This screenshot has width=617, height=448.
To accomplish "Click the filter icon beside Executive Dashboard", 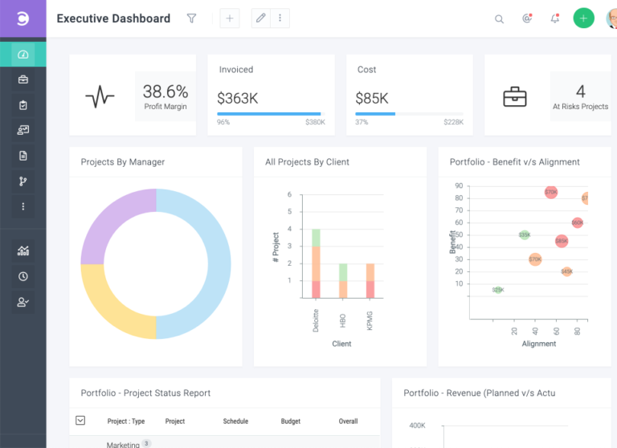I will [x=191, y=18].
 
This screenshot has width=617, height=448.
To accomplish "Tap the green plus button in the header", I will [x=583, y=18].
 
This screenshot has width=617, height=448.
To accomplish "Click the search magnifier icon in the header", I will [x=499, y=19].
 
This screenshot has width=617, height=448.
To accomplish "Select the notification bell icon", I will [x=554, y=19].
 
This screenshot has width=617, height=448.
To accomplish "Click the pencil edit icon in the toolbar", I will [x=260, y=18].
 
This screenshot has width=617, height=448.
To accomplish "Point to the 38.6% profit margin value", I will [x=165, y=92].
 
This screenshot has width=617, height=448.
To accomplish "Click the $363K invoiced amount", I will [x=237, y=98].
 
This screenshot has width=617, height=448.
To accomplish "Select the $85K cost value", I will [x=372, y=98].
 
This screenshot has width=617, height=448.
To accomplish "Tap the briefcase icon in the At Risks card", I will [x=514, y=97].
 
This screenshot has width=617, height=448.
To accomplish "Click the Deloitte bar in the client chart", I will [x=316, y=265].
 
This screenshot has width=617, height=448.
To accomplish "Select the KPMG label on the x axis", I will [x=370, y=320].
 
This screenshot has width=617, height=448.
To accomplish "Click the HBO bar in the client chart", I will [x=343, y=282].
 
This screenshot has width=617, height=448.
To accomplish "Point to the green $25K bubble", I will [x=498, y=290].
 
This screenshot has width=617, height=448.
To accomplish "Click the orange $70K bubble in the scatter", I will [x=535, y=259].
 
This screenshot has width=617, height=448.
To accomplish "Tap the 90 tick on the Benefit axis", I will [x=458, y=186].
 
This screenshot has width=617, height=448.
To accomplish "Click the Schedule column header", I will [x=235, y=422].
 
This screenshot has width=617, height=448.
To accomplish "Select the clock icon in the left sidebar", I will [x=22, y=276].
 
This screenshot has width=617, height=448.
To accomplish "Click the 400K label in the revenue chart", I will [x=417, y=426].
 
